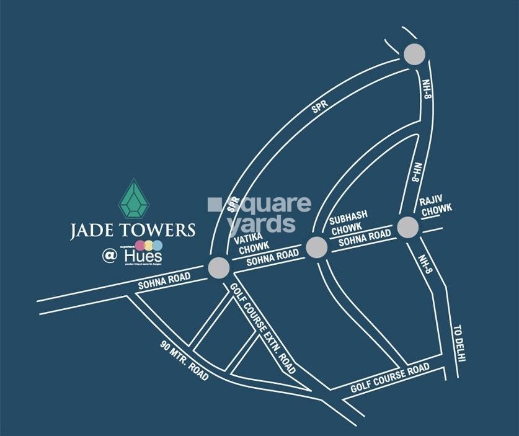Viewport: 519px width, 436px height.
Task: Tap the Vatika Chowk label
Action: pos(252,244)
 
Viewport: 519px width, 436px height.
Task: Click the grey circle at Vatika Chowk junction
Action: pos(219,268)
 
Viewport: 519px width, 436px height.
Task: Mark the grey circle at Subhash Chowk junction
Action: pos(317,246)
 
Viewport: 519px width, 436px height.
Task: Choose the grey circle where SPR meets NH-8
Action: pos(414,55)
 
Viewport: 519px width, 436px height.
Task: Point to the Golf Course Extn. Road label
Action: pos(264,329)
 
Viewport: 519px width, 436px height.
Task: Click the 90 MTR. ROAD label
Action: pos(184,362)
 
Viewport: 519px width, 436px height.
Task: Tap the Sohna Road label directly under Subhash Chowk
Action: pos(362,240)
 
